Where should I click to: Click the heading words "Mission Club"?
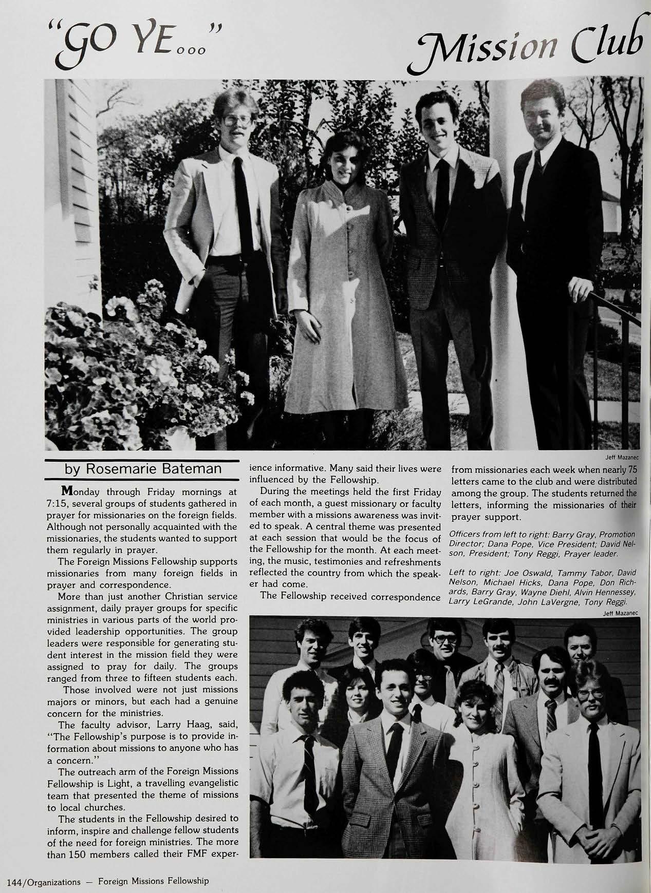532,41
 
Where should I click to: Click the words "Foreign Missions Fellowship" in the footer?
153,881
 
